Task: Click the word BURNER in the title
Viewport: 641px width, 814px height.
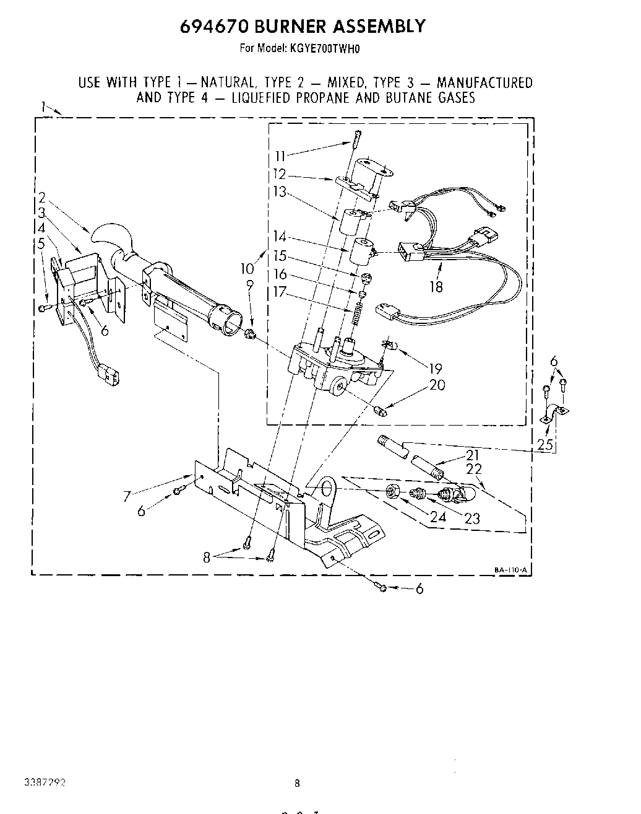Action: pos(285,26)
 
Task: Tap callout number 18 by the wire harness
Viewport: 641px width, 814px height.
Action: pos(436,286)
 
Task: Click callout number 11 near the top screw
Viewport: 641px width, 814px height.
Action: pos(280,156)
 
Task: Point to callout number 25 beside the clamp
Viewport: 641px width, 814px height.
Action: pos(545,444)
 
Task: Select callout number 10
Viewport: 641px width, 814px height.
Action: pos(247,268)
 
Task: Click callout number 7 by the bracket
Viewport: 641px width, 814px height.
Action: pos(128,496)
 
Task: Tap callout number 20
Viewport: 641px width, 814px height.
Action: pos(437,385)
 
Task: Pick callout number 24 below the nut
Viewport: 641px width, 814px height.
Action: pos(438,516)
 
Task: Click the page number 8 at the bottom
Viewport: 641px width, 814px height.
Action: pos(297,782)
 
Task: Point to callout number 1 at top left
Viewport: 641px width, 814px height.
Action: pos(44,107)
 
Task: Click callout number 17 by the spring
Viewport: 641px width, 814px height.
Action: pos(280,291)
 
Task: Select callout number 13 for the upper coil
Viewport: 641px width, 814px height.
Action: pos(280,192)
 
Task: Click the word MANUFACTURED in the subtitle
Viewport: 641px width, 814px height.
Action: pos(484,82)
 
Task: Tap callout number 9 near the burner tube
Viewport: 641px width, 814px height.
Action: pos(250,285)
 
